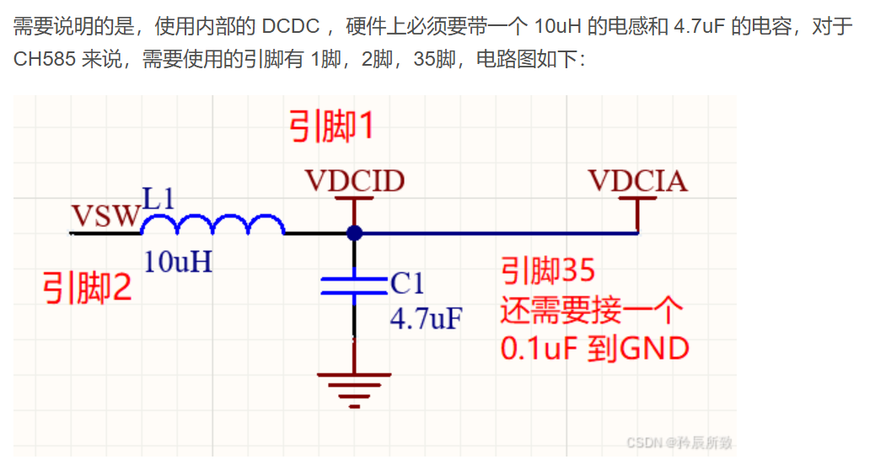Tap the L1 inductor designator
(x=158, y=199)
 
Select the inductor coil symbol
(x=212, y=224)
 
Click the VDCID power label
(x=354, y=180)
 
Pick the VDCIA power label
(x=637, y=180)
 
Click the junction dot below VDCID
(x=354, y=232)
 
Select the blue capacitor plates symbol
(x=353, y=281)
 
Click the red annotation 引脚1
(x=331, y=128)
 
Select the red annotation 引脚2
(x=88, y=290)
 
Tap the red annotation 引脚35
(x=548, y=271)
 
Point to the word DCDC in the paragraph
(x=290, y=27)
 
